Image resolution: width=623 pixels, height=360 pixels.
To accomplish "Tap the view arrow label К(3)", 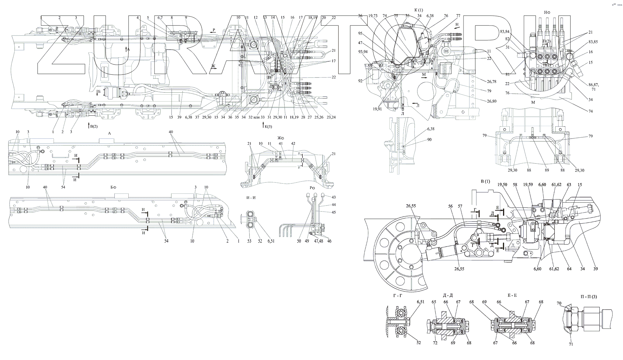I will [267, 126].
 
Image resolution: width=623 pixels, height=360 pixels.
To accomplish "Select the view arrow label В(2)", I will [93, 126].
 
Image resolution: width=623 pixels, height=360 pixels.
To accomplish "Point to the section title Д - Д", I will [447, 296].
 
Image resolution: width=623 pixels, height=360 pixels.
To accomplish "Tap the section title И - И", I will [251, 198].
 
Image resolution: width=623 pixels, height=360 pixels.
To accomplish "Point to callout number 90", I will [430, 140].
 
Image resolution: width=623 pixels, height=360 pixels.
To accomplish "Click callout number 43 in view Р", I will [334, 197].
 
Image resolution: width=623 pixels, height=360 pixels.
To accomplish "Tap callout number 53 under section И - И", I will [250, 241].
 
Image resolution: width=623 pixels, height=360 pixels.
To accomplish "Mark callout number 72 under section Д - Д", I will [435, 343].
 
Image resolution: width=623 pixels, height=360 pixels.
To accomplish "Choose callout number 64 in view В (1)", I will [569, 269].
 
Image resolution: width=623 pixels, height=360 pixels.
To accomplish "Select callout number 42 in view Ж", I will [293, 144].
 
